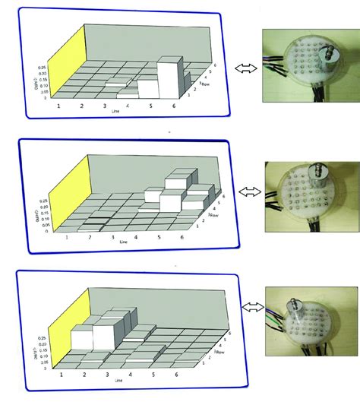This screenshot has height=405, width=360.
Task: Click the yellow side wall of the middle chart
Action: pyautogui.click(x=73, y=190)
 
